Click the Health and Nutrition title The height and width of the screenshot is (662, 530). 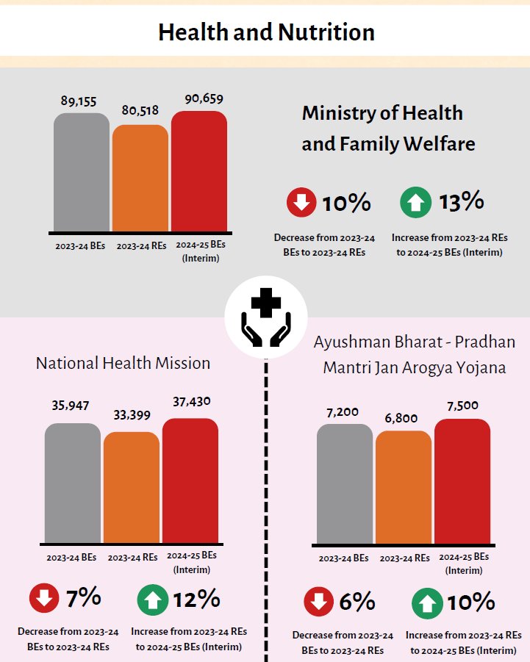[x=266, y=32]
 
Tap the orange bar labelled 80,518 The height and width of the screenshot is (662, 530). [x=140, y=178]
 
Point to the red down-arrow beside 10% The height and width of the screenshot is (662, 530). [x=301, y=203]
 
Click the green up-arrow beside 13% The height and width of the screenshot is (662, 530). [x=416, y=203]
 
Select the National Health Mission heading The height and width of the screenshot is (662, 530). [x=123, y=363]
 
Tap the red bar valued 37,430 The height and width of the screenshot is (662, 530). [x=190, y=481]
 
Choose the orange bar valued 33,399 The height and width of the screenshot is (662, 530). [x=131, y=488]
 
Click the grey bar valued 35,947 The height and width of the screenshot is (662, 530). [x=72, y=483]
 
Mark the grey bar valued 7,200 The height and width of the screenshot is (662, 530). [x=344, y=483]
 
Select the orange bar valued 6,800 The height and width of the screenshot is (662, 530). [x=403, y=487]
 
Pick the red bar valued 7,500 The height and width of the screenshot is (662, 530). [x=462, y=481]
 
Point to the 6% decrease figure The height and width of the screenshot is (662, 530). [x=357, y=602]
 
